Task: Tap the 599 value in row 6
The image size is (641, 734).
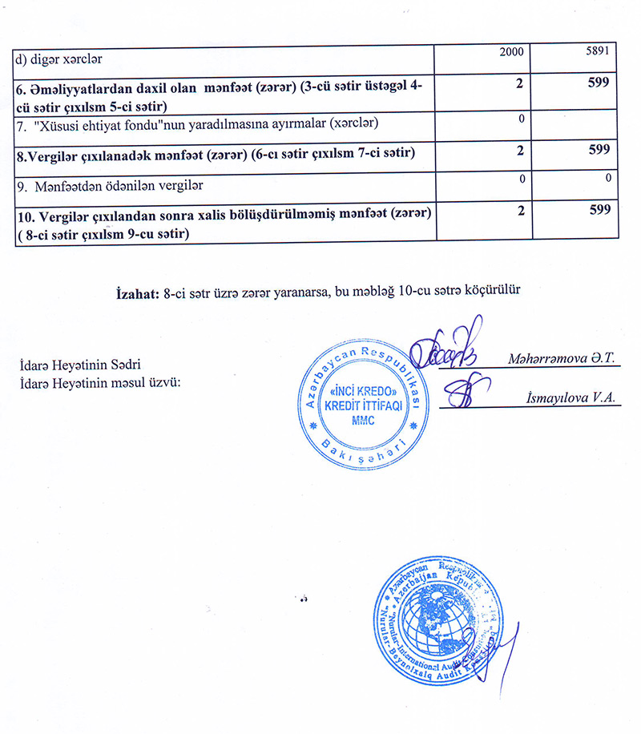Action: [598, 83]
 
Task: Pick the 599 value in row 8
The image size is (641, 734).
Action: [598, 150]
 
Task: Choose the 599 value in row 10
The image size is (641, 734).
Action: [598, 210]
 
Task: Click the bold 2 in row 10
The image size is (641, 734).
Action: [521, 210]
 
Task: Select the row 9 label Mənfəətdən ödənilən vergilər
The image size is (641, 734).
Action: [110, 185]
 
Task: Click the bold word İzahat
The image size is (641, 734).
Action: [138, 293]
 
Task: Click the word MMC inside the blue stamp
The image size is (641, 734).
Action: [365, 420]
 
